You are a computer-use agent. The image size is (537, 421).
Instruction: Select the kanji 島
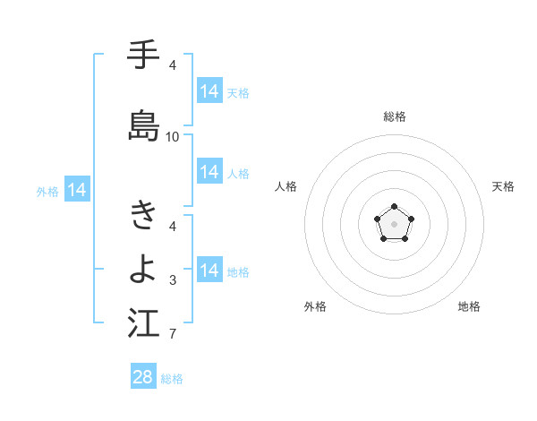coord(143,125)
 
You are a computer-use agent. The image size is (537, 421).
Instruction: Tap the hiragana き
coord(143,215)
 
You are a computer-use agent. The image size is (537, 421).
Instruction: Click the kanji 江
coord(143,323)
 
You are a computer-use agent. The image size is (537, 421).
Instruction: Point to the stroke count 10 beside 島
coord(173,137)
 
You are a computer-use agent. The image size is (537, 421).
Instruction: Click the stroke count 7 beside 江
coord(173,335)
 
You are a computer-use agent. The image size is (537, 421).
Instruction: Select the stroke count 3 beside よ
coord(173,280)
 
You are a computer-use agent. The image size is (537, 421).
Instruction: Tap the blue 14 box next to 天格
coord(209,91)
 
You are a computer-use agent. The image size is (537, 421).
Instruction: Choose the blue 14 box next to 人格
coord(209,172)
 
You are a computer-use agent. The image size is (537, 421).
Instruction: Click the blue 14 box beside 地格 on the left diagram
coord(209,271)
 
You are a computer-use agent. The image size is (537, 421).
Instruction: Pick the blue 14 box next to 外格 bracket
coord(77,190)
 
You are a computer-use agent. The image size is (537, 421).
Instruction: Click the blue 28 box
coord(143,377)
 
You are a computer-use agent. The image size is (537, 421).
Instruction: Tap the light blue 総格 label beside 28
coord(172,379)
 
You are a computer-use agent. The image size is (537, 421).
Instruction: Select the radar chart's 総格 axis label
coord(395,116)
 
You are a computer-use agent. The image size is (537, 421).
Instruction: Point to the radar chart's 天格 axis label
coord(503,186)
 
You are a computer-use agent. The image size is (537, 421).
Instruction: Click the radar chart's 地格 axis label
coord(469,306)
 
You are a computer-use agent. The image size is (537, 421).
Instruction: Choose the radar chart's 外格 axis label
coord(315,306)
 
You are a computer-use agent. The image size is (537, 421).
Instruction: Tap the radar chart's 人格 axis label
coord(286,186)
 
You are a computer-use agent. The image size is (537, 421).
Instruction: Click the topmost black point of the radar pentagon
coord(395,208)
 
